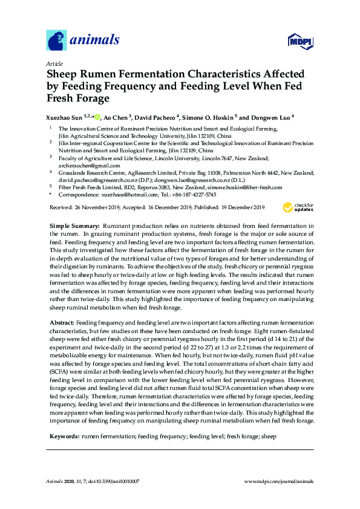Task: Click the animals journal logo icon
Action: (x=56, y=41)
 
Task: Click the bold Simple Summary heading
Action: (x=74, y=225)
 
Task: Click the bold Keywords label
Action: (x=64, y=418)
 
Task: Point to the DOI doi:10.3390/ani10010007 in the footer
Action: (x=109, y=481)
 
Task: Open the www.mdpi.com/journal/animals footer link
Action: (x=278, y=481)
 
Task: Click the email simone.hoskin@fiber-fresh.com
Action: (x=247, y=187)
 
